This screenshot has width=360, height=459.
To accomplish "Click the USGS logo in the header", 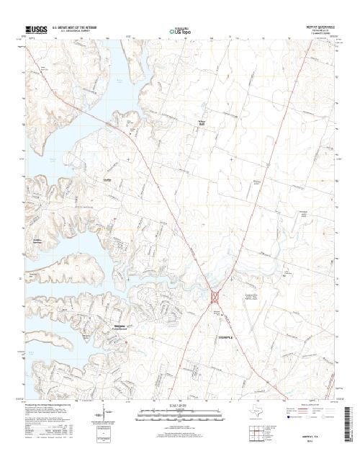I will (34, 30).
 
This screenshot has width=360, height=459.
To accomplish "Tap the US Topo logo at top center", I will (179, 31).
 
